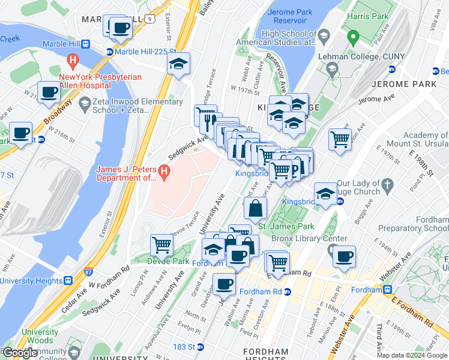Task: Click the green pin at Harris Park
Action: coord(353,39)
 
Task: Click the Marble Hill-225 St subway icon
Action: coord(110,52)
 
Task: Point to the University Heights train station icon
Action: coord(68,280)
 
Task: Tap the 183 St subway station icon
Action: coord(200,347)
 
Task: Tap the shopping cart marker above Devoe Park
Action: coord(161,244)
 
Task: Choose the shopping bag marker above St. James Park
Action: coord(256,208)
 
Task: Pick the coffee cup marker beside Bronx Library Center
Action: coord(344,256)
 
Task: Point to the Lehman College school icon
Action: coord(332,70)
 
